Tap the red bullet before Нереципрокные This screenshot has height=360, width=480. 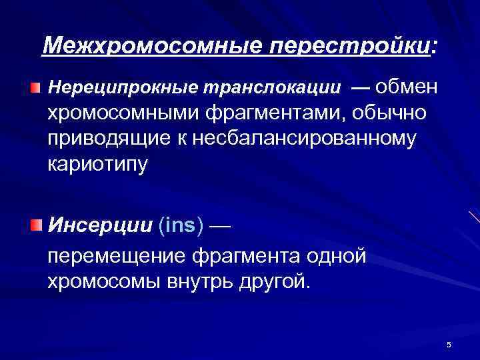point(35,88)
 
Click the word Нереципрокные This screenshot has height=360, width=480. point(124,88)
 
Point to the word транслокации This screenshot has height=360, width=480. point(274,88)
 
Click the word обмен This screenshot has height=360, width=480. point(409,87)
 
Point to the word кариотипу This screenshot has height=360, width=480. point(97,164)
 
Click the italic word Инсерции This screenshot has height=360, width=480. point(99,225)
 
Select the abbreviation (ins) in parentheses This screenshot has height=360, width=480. point(181,225)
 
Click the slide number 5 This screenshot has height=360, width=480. point(449,345)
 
